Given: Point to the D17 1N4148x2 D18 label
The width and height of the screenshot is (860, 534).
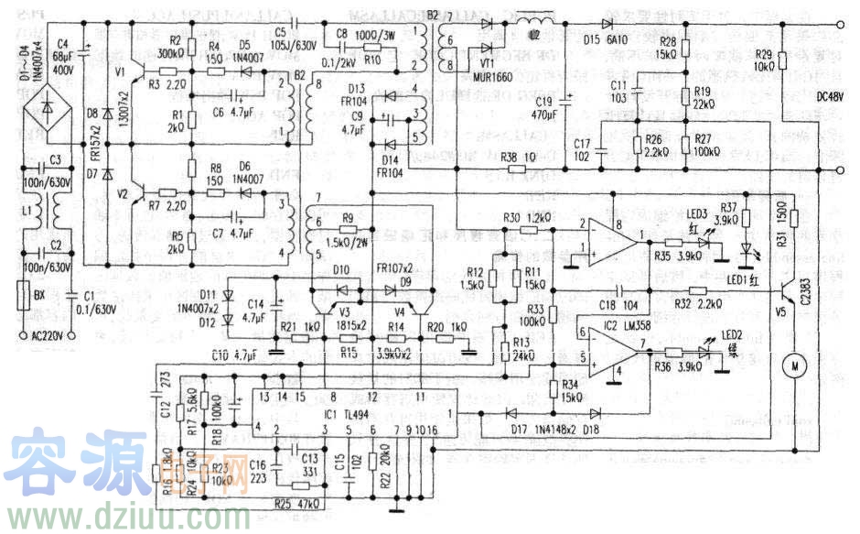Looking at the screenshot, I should [x=554, y=427].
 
